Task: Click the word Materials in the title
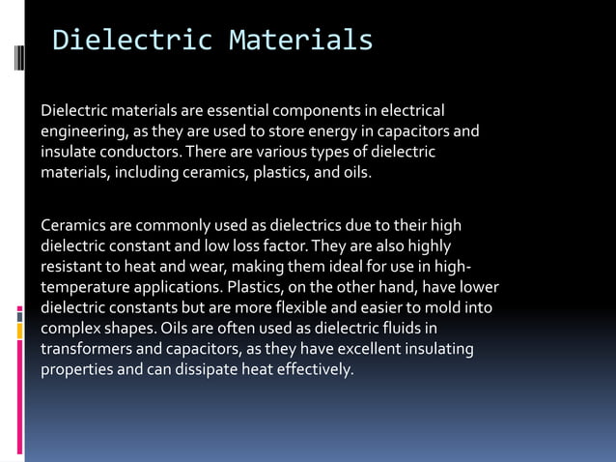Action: click(300, 41)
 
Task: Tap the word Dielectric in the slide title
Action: click(131, 41)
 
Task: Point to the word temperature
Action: click(85, 288)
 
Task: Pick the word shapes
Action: click(132, 329)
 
